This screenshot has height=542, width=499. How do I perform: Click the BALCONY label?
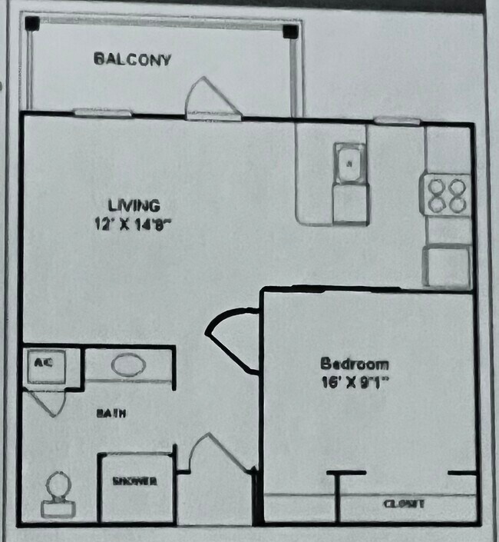tap(132, 58)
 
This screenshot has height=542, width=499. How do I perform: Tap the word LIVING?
tap(134, 205)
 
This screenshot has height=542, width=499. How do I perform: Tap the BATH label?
tap(111, 413)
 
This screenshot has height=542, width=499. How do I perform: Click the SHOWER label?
tap(135, 481)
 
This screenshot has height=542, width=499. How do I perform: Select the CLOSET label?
tap(403, 504)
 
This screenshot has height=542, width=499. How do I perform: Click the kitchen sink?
tap(350, 163)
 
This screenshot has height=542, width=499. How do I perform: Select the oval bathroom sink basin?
tap(127, 364)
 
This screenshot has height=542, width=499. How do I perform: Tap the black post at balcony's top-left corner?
tap(31, 24)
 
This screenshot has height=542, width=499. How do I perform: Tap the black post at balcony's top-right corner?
tap(290, 32)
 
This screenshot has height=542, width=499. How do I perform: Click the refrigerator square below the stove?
tap(448, 266)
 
